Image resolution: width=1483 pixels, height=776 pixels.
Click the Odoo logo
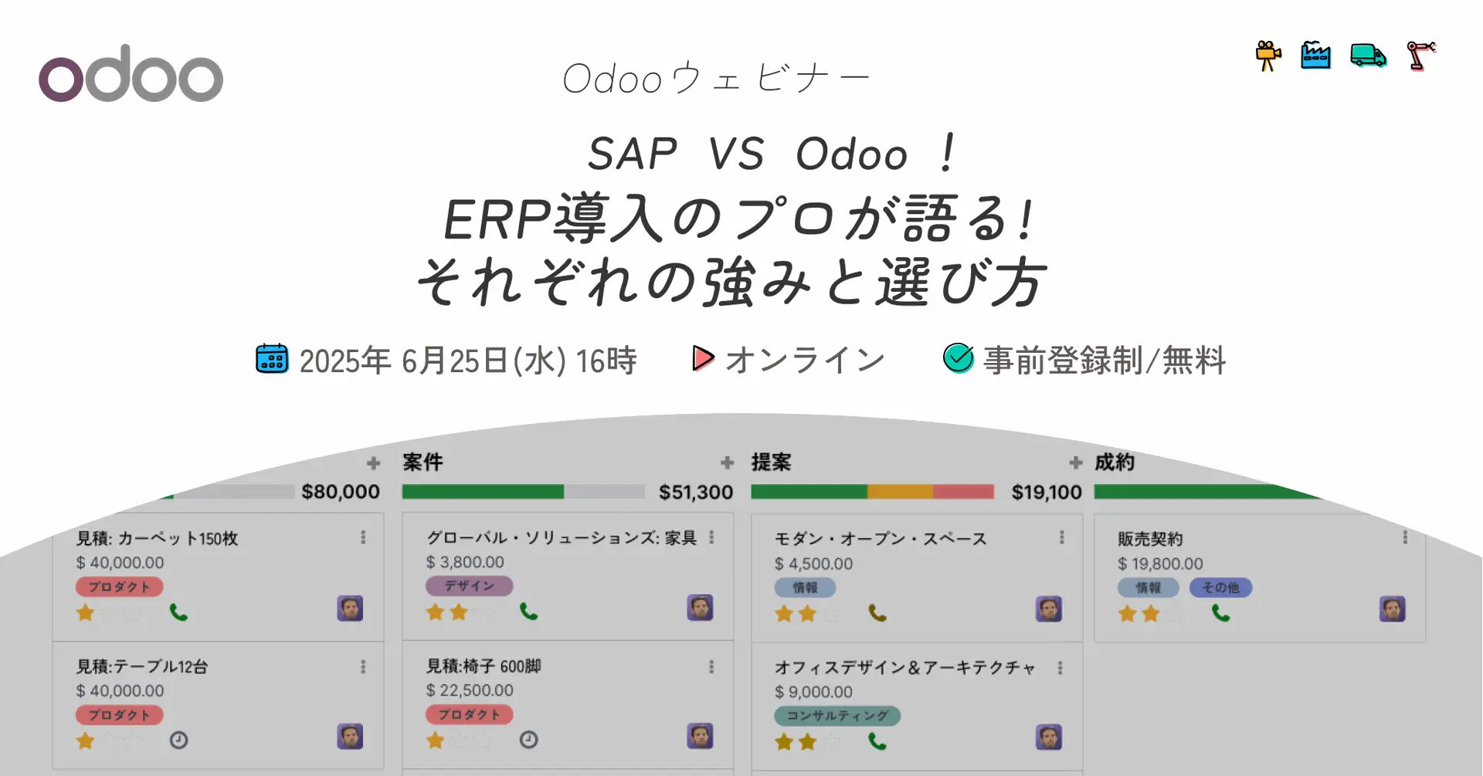pos(131,74)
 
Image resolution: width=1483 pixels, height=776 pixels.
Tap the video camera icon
pos(1268,56)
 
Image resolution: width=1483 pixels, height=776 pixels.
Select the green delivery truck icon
pos(1368,56)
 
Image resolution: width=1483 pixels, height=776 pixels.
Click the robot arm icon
pos(1420,56)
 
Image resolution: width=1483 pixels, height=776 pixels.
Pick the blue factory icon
pos(1315,56)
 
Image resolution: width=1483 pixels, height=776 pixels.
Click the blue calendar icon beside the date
pos(272,359)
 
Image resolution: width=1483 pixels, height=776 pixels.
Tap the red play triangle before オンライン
pos(703,358)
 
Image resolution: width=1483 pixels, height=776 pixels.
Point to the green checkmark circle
pos(959,358)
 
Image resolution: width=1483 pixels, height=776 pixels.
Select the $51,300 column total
pos(696,492)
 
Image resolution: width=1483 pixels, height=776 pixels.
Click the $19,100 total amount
pos(1047,492)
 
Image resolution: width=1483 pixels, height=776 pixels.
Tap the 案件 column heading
pos(423,462)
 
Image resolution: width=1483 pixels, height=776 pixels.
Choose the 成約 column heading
pos(1115,462)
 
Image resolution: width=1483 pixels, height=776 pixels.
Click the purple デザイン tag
pos(469,586)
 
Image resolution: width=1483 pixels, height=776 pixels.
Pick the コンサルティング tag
pos(837,716)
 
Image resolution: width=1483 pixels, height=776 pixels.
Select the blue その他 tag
pos(1220,588)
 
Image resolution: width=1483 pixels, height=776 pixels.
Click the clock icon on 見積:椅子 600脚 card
pos(528,740)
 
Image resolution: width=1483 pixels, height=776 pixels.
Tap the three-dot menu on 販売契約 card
pos(1405,537)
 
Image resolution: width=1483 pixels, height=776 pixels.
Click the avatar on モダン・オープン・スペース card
pos(1048,609)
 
